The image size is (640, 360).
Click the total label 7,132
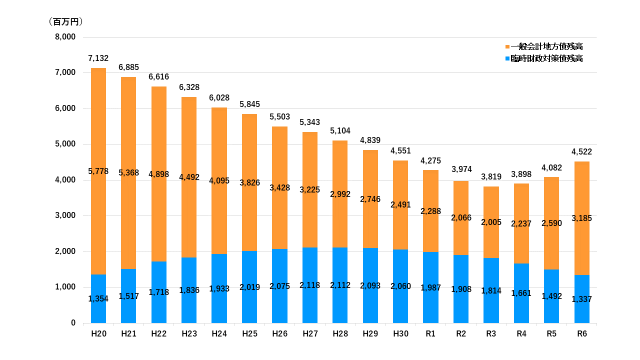point(98,58)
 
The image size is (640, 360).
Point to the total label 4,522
point(581,152)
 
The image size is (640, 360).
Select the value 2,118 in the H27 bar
point(310,285)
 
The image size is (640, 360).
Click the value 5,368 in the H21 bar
point(128,173)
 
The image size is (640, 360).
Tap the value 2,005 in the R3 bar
point(491,222)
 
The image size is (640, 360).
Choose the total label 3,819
point(491,177)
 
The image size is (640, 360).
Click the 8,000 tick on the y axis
point(65,37)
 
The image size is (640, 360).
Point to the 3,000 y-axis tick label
point(65,216)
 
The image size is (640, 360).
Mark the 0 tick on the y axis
point(73,323)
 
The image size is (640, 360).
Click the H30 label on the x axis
point(400,334)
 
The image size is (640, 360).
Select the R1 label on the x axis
point(430,334)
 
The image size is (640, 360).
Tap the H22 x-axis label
point(159,334)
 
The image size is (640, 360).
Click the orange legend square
point(507,46)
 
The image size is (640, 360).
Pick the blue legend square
point(507,58)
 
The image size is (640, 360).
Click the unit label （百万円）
point(65,21)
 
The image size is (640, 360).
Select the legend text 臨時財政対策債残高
point(546,58)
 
